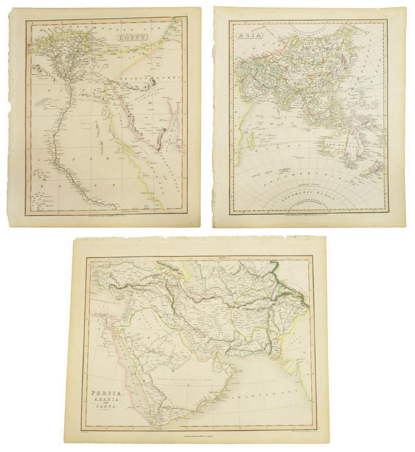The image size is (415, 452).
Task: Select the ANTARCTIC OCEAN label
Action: pyautogui.click(x=308, y=198)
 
